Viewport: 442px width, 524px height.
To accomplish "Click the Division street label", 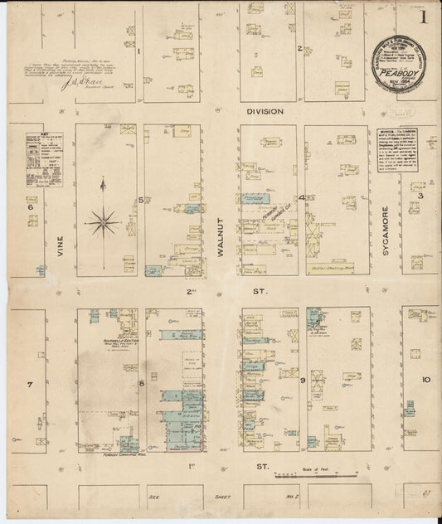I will pos(265,110).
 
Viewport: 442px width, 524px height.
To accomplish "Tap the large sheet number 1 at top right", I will pos(422,16).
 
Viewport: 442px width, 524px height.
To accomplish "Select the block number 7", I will pos(30,385).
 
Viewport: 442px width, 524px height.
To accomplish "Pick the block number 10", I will pos(425,380).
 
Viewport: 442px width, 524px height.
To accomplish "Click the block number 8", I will pos(142,382).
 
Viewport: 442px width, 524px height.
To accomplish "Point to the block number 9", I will pos(304,381).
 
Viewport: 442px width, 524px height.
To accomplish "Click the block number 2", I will pos(299,48).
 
